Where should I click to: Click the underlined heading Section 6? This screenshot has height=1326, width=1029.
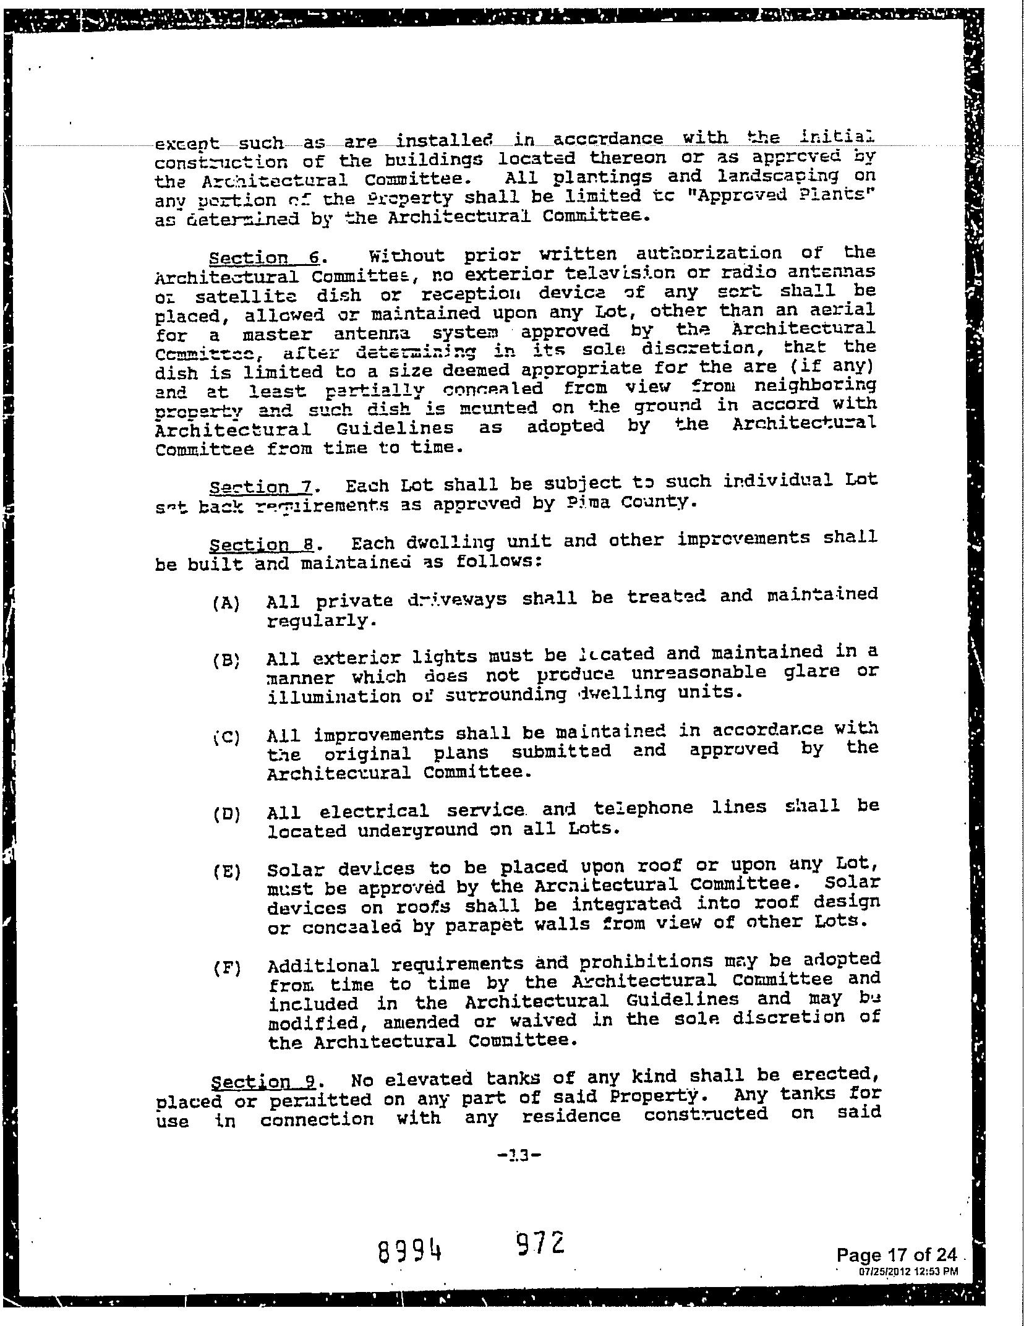pyautogui.click(x=264, y=257)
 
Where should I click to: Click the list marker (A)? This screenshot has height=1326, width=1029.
pyautogui.click(x=226, y=603)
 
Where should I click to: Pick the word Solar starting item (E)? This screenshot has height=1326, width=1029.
pyautogui.click(x=290, y=870)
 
